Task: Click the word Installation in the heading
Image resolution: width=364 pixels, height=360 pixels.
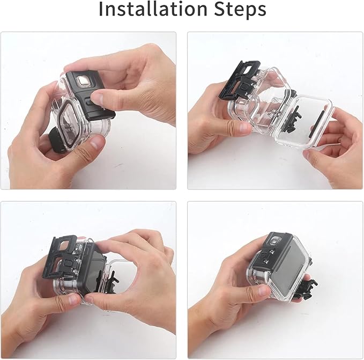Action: [153, 9]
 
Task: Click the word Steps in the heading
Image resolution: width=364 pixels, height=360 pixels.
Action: [240, 10]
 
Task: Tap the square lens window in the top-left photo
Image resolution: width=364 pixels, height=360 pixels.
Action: [83, 81]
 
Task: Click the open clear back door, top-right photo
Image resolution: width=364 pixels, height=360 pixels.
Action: [304, 122]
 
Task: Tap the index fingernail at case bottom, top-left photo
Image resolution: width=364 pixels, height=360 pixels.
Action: [96, 142]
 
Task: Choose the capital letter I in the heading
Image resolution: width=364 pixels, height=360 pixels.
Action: [101, 9]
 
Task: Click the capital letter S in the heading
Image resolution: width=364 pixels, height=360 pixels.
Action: [220, 9]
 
